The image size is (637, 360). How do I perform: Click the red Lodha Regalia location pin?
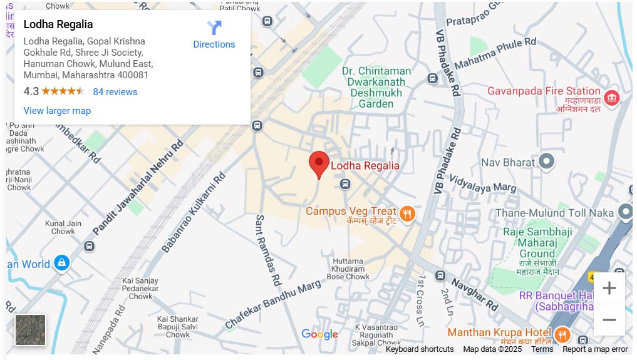(319, 163)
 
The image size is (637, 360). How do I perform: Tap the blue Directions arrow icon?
(214, 28)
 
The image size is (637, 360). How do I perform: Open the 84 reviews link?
(115, 91)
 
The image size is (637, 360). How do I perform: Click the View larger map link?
(57, 111)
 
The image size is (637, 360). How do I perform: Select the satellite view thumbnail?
(30, 329)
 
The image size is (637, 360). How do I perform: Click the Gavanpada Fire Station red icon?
(612, 98)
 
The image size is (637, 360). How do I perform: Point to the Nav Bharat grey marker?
(547, 162)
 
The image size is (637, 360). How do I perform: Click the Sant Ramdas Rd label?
(266, 250)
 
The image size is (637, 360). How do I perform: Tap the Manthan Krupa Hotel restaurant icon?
(562, 334)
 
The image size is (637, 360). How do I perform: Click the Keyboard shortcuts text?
(419, 349)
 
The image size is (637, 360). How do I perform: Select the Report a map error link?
(594, 349)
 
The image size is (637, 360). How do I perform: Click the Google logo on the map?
(319, 334)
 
